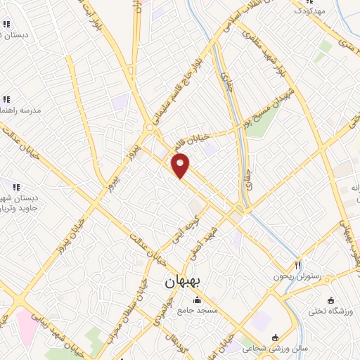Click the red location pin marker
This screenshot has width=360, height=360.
181,165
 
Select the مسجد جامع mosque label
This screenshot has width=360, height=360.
198,310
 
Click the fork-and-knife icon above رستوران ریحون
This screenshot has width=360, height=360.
297,265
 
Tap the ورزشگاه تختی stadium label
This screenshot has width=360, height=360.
334,310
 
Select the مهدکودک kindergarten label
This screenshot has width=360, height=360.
310,11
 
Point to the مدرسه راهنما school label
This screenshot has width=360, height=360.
20,110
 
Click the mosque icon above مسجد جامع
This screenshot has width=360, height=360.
197,301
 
